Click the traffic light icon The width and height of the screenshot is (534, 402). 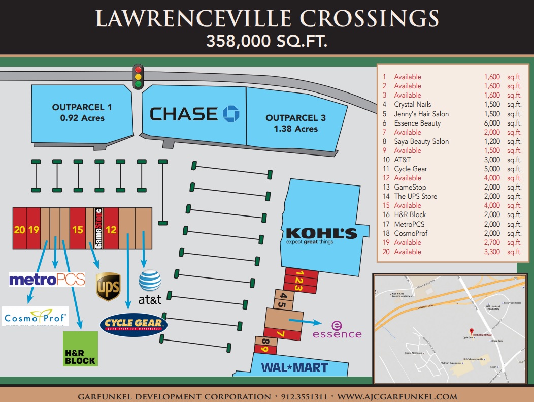coord(138,77)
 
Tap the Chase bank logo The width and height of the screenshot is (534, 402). coord(194,114)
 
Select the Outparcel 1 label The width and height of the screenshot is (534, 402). coord(82,112)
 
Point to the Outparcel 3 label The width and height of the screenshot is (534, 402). coord(295,123)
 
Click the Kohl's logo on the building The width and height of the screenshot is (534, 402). coord(321,236)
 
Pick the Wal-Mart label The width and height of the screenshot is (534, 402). coord(294,367)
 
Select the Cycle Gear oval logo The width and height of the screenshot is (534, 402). coord(134,324)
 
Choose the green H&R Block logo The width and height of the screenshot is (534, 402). coord(80,349)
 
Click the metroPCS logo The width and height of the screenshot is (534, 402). coord(47,279)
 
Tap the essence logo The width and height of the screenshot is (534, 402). coord(337,330)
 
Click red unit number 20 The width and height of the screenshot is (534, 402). coord(19,230)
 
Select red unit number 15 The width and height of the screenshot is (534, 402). coord(77,230)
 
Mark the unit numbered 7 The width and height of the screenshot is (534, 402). coord(281,334)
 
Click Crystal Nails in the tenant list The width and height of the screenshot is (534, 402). coord(412,105)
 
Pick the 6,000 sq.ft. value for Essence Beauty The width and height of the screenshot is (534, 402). coord(491,123)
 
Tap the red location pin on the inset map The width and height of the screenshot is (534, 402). coord(471,331)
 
